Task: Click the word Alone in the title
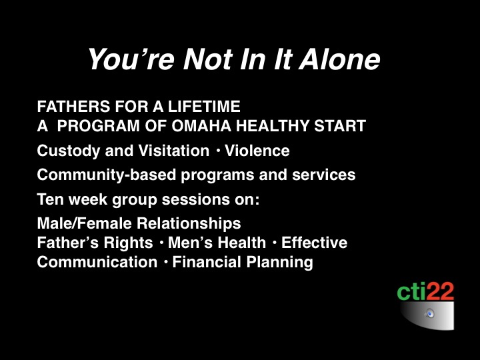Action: click(339, 59)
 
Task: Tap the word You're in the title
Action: click(131, 59)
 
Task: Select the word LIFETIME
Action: click(204, 107)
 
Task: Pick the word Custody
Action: click(68, 151)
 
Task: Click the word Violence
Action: click(257, 151)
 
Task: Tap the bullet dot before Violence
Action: click(218, 151)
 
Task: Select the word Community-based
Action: click(107, 175)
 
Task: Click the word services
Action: click(323, 175)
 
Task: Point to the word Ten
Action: click(50, 199)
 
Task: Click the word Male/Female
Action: click(84, 223)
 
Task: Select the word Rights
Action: click(128, 243)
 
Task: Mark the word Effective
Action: click(315, 243)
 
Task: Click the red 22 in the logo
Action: click(440, 292)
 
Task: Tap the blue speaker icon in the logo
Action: click(430, 314)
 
